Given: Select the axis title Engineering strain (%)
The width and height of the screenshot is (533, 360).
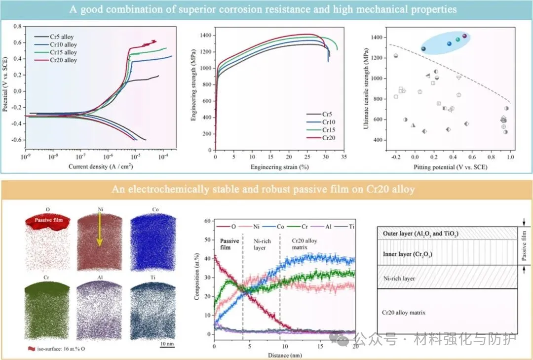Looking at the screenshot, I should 279,167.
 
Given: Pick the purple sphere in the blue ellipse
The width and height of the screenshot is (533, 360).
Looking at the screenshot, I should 464,36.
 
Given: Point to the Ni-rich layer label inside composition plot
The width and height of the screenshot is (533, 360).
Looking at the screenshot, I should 261,244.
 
